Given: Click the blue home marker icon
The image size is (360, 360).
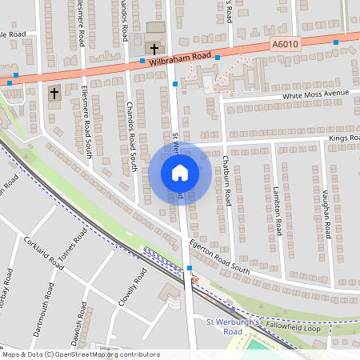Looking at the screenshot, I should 180,172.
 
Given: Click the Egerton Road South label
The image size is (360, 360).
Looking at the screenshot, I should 220,258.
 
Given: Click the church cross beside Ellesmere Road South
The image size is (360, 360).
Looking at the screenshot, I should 54,93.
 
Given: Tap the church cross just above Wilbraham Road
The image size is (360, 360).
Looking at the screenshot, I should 154,50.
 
